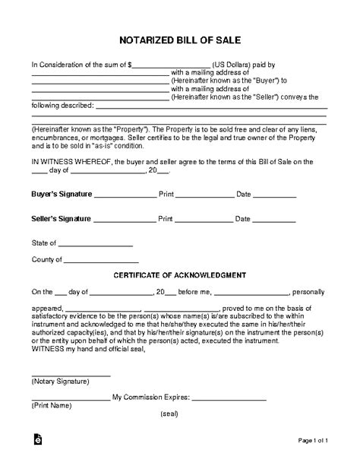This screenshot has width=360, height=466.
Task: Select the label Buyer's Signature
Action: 61,195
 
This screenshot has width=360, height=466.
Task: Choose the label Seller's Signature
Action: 61,219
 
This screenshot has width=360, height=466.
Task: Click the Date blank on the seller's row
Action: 273,220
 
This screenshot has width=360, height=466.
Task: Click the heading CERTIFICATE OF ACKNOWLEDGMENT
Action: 179,274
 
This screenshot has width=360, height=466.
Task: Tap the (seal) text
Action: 170,393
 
